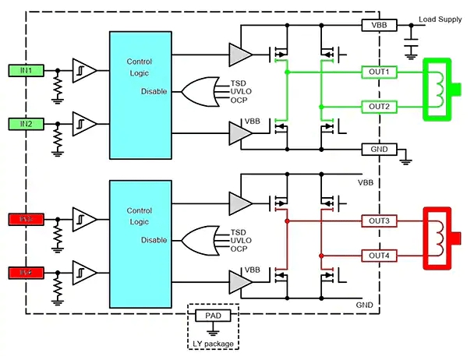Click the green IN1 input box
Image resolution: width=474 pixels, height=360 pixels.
[27, 71]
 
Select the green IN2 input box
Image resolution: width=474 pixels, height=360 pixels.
[27, 122]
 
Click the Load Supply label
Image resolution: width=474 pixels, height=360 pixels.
[440, 19]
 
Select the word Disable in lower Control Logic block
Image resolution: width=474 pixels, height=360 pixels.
[154, 240]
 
